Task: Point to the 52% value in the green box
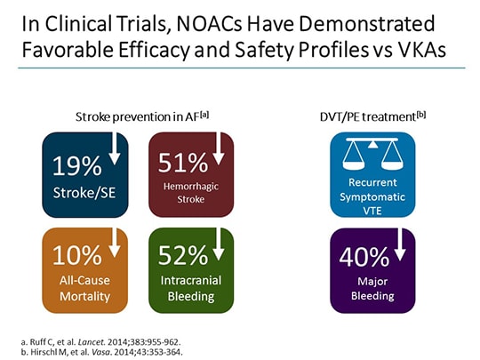pyautogui.click(x=181, y=257)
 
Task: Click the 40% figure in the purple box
pyautogui.click(x=364, y=258)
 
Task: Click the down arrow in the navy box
pyautogui.click(x=116, y=149)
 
